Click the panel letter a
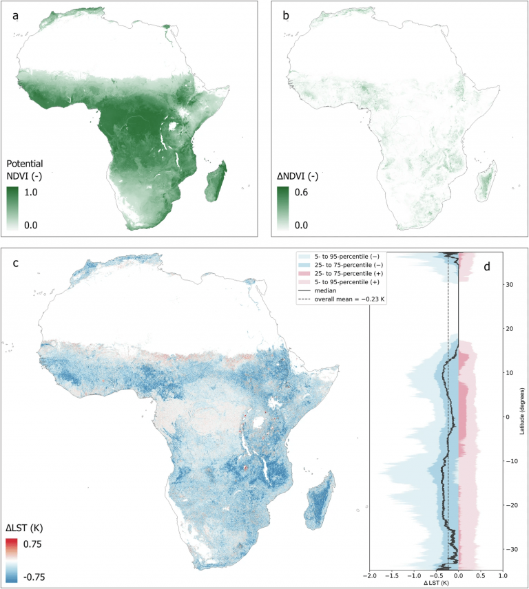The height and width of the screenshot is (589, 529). click(x=15, y=16)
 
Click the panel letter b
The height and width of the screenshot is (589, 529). click(x=286, y=15)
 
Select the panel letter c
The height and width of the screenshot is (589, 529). click(x=15, y=263)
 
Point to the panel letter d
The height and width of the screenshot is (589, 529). click(x=487, y=266)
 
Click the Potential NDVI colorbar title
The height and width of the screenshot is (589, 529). click(x=24, y=170)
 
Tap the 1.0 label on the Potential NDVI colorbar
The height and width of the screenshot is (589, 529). click(x=31, y=193)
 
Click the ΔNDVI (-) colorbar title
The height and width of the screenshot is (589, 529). click(x=298, y=175)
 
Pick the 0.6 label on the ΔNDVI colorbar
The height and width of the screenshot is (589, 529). click(x=301, y=193)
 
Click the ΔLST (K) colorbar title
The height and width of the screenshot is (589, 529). click(x=24, y=528)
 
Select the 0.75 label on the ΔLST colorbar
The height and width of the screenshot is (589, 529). click(x=32, y=544)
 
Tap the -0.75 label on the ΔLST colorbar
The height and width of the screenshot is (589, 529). click(x=34, y=577)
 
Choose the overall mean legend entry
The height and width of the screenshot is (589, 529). click(x=342, y=299)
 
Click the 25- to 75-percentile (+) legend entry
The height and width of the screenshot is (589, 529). click(x=341, y=273)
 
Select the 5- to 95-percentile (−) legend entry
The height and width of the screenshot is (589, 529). click(x=339, y=257)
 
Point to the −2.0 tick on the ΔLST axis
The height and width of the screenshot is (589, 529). click(x=370, y=575)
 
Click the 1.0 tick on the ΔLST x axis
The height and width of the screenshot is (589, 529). click(x=503, y=575)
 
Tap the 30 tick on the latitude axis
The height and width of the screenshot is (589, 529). click(x=510, y=284)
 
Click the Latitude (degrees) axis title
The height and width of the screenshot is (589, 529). click(x=522, y=411)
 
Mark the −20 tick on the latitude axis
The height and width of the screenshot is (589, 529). click(x=511, y=505)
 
